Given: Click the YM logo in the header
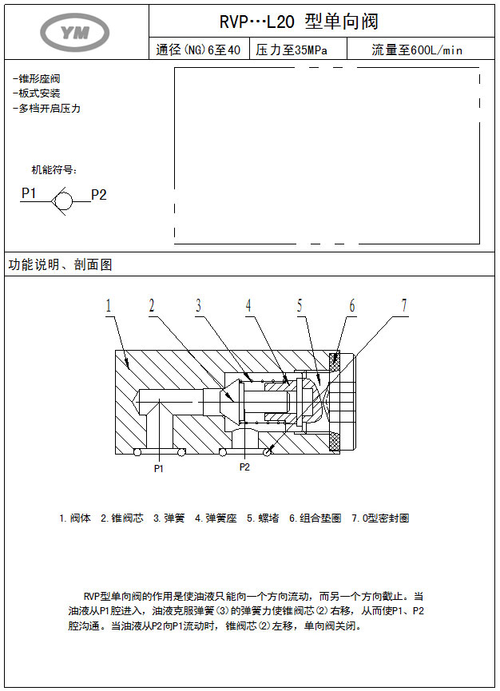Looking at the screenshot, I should [75, 32].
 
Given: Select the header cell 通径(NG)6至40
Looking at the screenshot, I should [198, 50].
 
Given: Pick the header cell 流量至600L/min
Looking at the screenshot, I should [417, 50].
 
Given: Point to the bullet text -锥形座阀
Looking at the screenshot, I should [37, 79].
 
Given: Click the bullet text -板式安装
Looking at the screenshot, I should [37, 93].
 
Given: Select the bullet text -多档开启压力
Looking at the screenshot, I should [47, 108].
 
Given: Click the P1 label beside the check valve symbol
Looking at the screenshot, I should [29, 193].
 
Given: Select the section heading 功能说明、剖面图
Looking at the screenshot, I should [60, 265].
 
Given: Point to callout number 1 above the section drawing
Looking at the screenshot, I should [109, 306].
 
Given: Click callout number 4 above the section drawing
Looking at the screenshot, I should [248, 306].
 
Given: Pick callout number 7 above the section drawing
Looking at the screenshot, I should [404, 306].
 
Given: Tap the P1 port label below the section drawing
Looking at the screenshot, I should [159, 469].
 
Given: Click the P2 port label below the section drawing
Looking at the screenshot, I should [244, 467].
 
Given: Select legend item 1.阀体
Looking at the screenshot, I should [75, 518].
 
